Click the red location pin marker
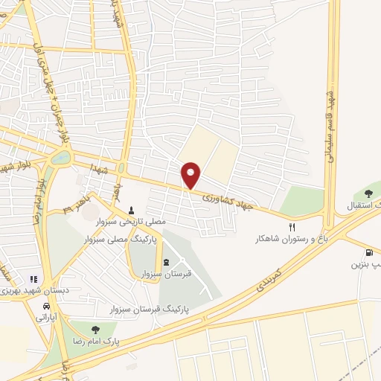tap(191, 175)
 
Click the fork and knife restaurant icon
tap(292, 227)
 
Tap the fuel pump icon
tap(370, 252)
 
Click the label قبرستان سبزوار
tap(167, 273)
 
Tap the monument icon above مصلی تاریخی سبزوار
tap(131, 210)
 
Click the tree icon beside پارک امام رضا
tap(93, 328)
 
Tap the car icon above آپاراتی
tap(47, 306)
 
